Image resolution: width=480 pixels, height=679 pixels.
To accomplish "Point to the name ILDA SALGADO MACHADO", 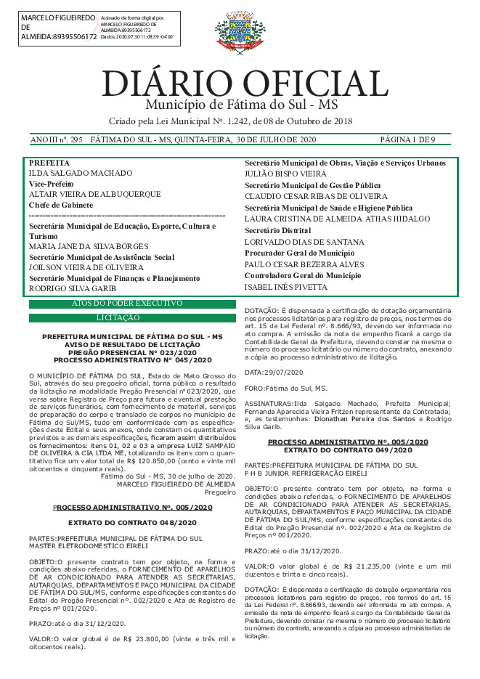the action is pos(81,174).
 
